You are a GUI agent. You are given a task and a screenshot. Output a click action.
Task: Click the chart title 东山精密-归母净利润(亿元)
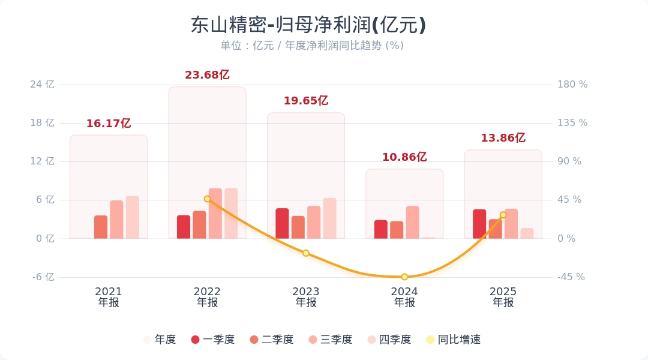(x=308, y=25)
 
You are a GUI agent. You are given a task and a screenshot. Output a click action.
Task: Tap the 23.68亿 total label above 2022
(x=207, y=75)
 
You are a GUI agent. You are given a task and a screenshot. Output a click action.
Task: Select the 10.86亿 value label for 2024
(x=404, y=157)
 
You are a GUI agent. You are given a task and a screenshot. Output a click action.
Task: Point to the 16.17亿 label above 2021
(x=109, y=124)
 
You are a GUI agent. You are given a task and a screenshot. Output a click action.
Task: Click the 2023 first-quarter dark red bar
(x=282, y=223)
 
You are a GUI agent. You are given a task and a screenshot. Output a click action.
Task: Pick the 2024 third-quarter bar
(x=412, y=222)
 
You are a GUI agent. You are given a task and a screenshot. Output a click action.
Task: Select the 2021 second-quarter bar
(x=101, y=227)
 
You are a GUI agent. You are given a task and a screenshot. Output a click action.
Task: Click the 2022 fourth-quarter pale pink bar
(x=231, y=213)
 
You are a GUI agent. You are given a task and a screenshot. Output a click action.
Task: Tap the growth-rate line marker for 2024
(x=404, y=277)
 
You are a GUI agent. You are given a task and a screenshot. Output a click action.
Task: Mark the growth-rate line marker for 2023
(x=306, y=253)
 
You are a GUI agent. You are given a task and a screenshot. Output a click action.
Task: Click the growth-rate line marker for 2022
(x=207, y=199)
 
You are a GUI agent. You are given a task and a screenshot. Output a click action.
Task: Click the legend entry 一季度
(x=213, y=340)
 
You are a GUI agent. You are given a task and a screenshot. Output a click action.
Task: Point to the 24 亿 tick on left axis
(x=42, y=85)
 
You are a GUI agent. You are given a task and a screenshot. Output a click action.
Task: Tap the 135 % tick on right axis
(x=572, y=123)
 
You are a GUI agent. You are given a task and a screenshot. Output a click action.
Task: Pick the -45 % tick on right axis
(x=571, y=277)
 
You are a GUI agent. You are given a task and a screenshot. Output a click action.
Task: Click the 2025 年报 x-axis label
(x=503, y=297)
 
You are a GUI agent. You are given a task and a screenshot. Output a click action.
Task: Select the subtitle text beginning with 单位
(x=312, y=46)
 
